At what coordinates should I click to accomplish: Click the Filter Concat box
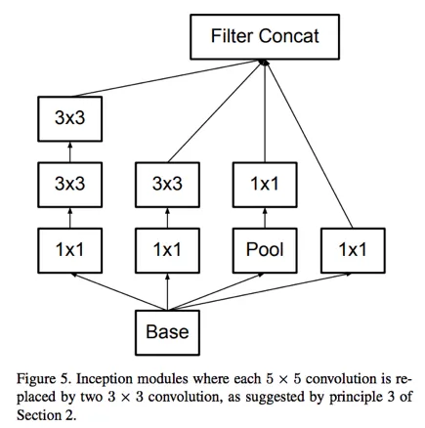pos(264,38)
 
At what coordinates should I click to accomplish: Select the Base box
pos(167,332)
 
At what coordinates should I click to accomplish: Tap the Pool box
pos(264,249)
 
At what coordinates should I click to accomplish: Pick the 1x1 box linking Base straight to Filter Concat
pos(352,249)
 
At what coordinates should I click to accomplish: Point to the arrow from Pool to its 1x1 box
pos(264,217)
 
